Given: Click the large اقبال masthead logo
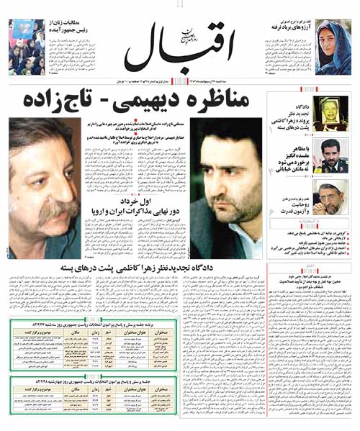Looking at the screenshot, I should pos(180,47).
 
